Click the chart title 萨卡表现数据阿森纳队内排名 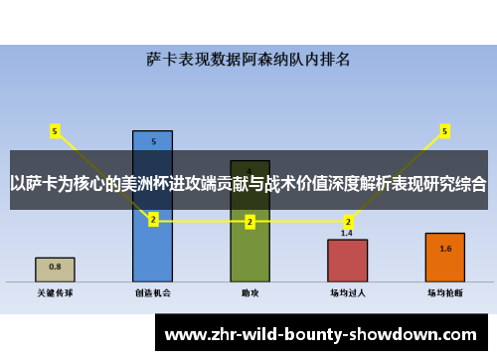tap(248, 60)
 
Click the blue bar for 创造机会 tap(152, 249)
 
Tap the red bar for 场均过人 tap(347, 261)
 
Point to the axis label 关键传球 tap(55, 293)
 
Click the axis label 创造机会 tap(152, 293)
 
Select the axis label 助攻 tap(249, 293)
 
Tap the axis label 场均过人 tap(347, 293)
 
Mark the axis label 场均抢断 tap(444, 293)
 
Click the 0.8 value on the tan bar tap(55, 267)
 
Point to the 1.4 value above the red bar tap(347, 233)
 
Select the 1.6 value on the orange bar tap(444, 249)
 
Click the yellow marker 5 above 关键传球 tap(55, 129)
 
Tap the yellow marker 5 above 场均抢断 tap(444, 129)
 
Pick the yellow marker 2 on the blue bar tap(152, 220)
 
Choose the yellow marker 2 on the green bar tap(249, 221)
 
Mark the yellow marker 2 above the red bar tap(347, 221)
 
